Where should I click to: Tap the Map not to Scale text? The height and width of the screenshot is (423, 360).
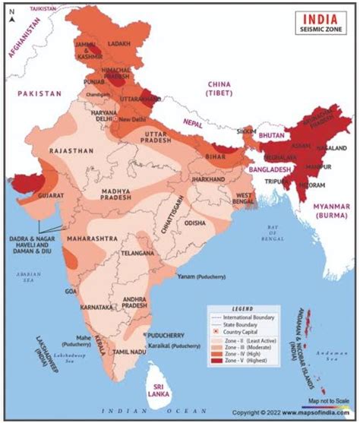(322, 399)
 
